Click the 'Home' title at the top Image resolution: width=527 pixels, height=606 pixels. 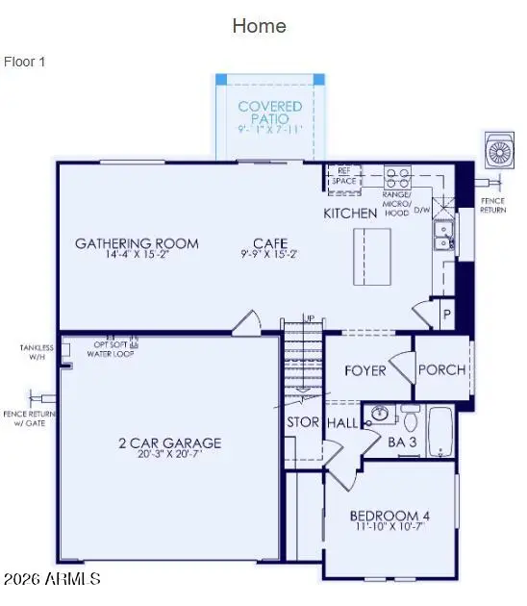tap(259, 26)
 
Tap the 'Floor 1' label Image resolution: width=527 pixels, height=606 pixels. tap(25, 62)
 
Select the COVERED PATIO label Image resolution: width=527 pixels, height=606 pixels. tap(270, 113)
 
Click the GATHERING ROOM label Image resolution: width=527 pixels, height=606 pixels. tap(137, 243)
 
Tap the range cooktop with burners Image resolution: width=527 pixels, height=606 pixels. tap(397, 177)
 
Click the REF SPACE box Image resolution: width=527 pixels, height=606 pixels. tap(343, 176)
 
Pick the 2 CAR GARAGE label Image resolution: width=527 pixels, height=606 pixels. tap(168, 442)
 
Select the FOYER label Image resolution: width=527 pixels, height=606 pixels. tap(364, 370)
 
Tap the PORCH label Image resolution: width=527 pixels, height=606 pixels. tap(442, 370)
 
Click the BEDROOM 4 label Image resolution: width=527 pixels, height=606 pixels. tap(389, 518)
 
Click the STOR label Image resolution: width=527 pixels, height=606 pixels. tap(303, 422)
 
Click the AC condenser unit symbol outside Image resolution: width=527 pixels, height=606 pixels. tap(502, 152)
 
